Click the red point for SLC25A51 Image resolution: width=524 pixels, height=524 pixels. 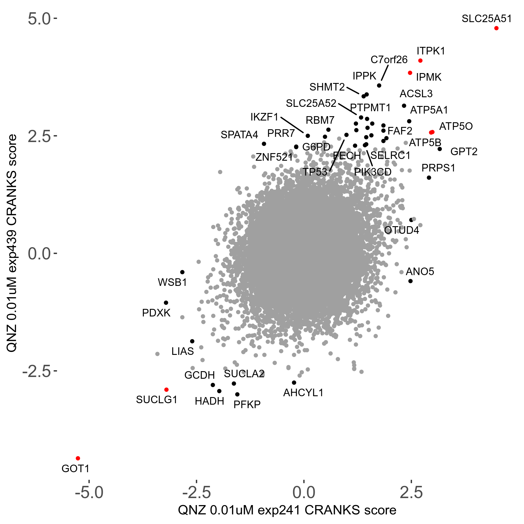tap(496, 28)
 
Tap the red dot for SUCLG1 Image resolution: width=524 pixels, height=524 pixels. tap(166, 390)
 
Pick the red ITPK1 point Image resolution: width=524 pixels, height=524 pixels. tap(420, 61)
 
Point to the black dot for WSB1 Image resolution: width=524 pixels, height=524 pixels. tap(182, 272)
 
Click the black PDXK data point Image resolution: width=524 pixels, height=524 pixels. tap(166, 303)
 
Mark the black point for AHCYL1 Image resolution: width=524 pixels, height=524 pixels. tap(294, 383)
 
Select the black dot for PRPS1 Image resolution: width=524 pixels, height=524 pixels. tap(429, 178)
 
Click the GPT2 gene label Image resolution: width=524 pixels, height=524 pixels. tap(464, 152)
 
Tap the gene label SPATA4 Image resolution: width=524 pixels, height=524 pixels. tap(239, 135)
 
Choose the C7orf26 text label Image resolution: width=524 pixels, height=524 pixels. tap(389, 60)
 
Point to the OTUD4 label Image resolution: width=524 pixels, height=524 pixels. tap(401, 230)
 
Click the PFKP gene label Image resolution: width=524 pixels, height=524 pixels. tap(247, 404)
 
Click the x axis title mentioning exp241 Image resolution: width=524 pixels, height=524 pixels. tap(287, 510)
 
